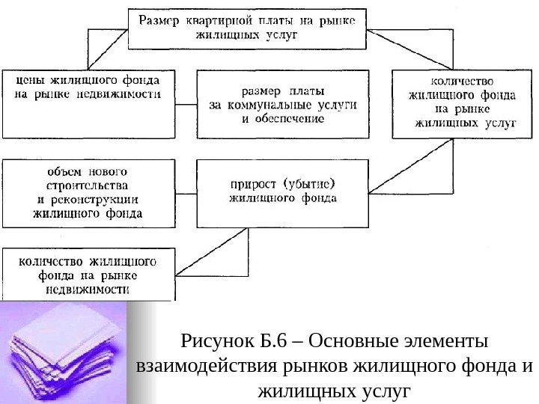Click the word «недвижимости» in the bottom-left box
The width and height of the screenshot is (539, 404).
88,288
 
